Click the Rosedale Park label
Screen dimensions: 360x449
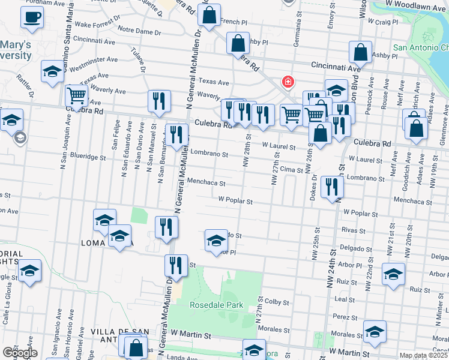click(x=217, y=305)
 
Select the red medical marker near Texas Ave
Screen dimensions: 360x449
click(x=288, y=82)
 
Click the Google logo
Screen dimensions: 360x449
click(x=19, y=353)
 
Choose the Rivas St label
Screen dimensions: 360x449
click(x=353, y=229)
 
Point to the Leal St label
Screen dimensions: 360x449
click(x=345, y=299)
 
